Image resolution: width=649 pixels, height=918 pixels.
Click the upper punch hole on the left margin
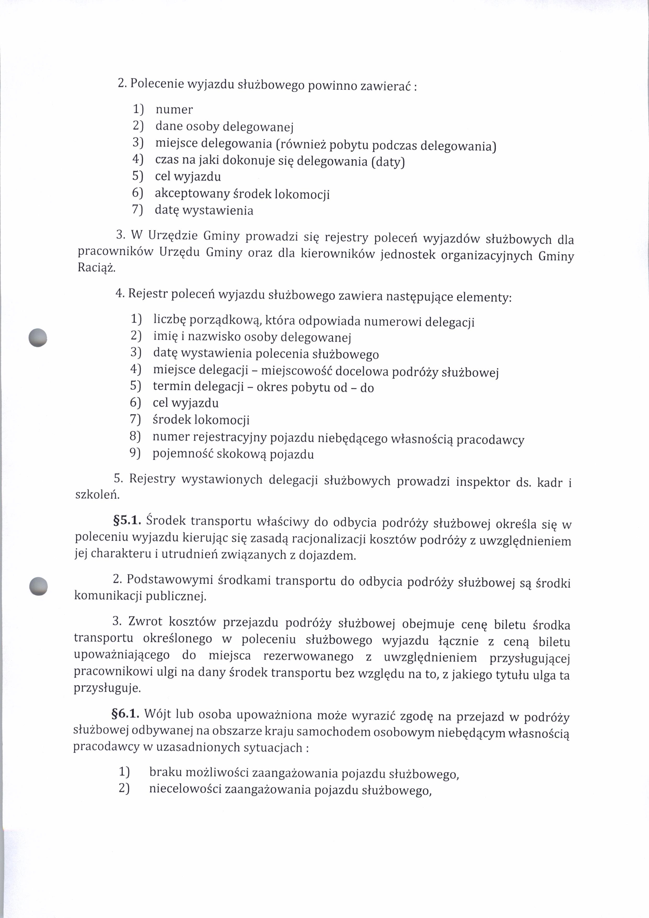38,337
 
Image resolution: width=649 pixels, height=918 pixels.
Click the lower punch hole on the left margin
39,587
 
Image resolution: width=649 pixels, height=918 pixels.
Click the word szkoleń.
98,495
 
